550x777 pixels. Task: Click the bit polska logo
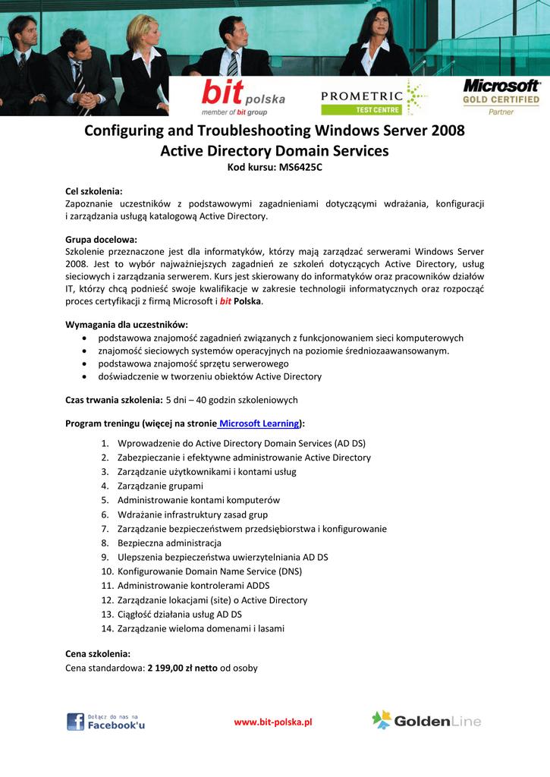243,97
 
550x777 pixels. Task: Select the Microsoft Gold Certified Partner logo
501,96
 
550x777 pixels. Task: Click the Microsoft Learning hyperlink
258,423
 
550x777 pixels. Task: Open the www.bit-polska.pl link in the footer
273,722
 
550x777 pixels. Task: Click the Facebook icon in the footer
75,722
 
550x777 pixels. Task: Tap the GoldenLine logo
426,721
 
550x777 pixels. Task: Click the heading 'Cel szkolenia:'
94,191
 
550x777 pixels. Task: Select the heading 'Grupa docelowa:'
101,239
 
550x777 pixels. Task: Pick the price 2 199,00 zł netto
182,668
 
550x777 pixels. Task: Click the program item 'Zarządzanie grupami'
160,486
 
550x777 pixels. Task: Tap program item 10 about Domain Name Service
209,571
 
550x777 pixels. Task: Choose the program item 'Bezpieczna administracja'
169,543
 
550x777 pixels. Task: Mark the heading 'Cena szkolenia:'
98,653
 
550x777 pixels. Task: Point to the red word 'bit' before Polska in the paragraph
225,301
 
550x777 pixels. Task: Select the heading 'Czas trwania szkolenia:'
114,400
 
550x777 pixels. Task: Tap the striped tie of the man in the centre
232,63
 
